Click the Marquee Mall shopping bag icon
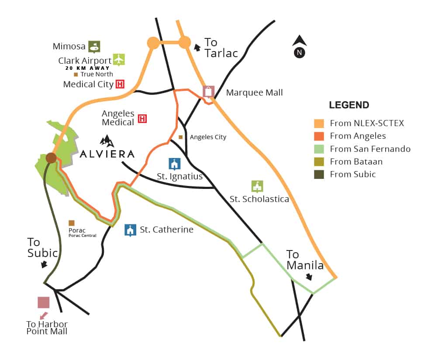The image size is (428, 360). pyautogui.click(x=208, y=92)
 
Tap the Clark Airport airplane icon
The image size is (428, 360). pyautogui.click(x=119, y=60)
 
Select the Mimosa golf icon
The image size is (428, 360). pyautogui.click(x=94, y=47)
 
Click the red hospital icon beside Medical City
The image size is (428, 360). pyautogui.click(x=120, y=84)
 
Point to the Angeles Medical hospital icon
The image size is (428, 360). pyautogui.click(x=142, y=119)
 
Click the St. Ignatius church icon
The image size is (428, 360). pyautogui.click(x=174, y=164)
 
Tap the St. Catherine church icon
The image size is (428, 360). pyautogui.click(x=130, y=230)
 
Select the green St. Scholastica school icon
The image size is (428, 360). pyautogui.click(x=257, y=187)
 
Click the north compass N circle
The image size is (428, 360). pyautogui.click(x=300, y=53)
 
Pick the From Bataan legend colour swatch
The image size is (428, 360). pyautogui.click(x=319, y=162)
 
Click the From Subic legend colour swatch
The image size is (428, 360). pyautogui.click(x=319, y=175)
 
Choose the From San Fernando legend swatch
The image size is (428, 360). pyautogui.click(x=319, y=149)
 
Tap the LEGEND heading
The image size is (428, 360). pyautogui.click(x=349, y=105)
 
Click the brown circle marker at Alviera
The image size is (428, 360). pyautogui.click(x=51, y=158)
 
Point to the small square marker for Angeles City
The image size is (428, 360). pyautogui.click(x=180, y=137)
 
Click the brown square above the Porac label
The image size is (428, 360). pyautogui.click(x=72, y=223)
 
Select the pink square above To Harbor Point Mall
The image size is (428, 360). pyautogui.click(x=43, y=302)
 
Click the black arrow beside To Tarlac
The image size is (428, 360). pyautogui.click(x=197, y=48)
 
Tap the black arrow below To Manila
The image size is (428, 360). pyautogui.click(x=309, y=277)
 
